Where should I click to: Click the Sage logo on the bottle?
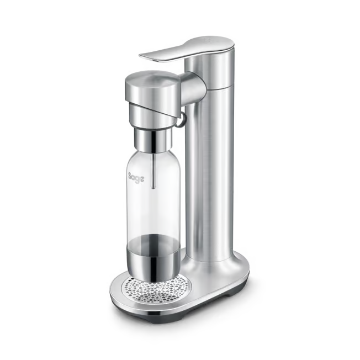136,178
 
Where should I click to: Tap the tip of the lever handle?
140,56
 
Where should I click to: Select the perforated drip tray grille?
158,289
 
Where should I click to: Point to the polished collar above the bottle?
153,139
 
